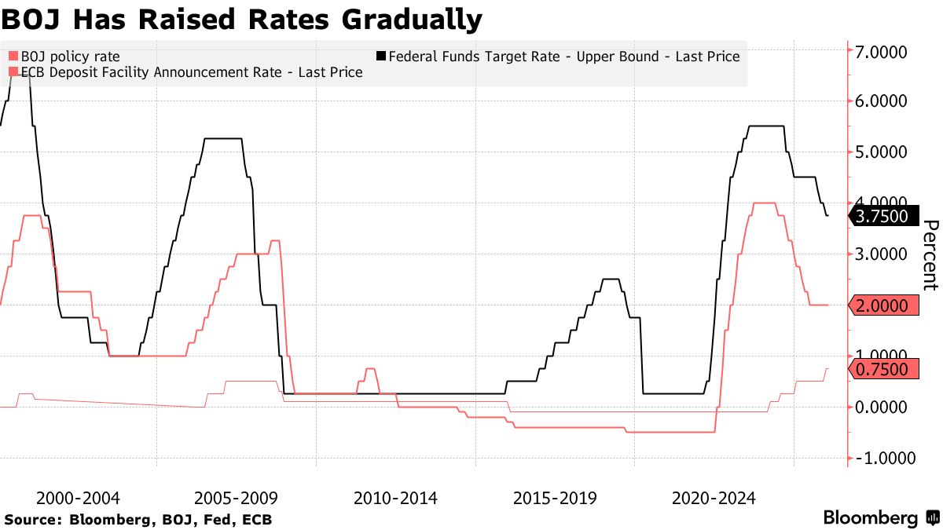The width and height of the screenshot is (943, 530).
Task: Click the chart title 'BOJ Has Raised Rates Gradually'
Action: tap(241, 20)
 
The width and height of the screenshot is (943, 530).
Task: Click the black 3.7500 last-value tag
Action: tap(883, 216)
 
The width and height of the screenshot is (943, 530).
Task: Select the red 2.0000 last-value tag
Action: tap(883, 305)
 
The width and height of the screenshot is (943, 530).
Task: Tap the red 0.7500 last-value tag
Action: tap(883, 369)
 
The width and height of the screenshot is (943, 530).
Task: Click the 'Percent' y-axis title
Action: tap(930, 255)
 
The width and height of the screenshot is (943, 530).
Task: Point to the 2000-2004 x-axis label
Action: tap(79, 498)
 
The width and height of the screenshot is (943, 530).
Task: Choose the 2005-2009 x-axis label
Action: tap(237, 498)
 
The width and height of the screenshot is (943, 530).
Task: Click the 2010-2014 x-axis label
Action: tap(396, 498)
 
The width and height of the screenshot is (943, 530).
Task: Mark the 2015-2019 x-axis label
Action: tap(555, 498)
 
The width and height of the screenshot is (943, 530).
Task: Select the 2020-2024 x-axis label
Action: tap(714, 498)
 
